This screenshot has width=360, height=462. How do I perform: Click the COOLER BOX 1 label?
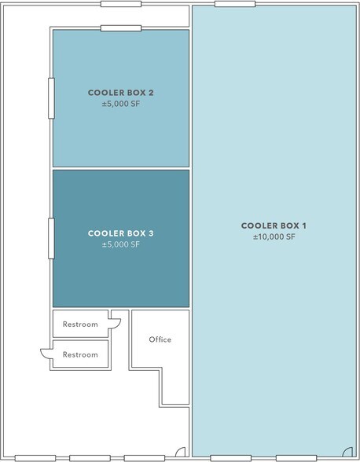pos(274,225)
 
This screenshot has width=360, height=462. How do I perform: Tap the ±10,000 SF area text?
pos(274,236)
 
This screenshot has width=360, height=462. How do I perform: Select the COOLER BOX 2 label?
pos(120,93)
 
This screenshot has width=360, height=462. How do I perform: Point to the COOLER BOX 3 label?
pos(120,233)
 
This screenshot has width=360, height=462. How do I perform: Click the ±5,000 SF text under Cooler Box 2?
pos(121,104)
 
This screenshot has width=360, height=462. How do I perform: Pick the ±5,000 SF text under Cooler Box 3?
pos(121,244)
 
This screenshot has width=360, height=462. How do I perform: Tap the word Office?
pos(160,339)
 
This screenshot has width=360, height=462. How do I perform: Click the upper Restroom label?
pos(80,324)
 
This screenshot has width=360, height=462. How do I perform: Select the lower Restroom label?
pos(80,354)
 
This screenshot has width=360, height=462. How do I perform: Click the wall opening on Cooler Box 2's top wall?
pos(121,28)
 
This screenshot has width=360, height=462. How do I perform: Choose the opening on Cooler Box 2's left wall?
pos(51,98)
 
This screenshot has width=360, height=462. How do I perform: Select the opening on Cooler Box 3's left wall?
pos(51,239)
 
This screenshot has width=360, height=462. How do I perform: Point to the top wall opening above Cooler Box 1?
pos(235,4)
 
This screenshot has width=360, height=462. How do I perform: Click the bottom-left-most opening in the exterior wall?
pos(35,458)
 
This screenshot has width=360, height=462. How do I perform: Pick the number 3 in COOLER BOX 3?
pos(151,233)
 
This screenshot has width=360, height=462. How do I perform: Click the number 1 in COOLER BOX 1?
pos(303,225)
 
